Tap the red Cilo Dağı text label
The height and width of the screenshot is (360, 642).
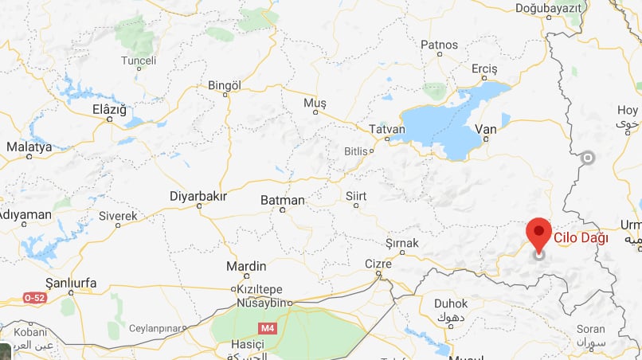click(581, 237)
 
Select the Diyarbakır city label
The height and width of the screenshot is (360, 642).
click(198, 196)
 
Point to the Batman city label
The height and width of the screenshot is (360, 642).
click(283, 200)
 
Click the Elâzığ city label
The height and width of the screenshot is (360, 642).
click(109, 109)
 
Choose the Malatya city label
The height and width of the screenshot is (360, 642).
click(29, 147)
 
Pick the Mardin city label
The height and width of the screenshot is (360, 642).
click(241, 266)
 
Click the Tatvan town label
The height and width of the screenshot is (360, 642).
click(387, 128)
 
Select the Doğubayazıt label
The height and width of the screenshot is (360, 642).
click(550, 7)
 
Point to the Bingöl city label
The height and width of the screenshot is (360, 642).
click(224, 85)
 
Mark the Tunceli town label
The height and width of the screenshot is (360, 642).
click(139, 61)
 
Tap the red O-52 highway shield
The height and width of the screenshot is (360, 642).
click(34, 298)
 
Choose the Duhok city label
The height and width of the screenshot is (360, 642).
click(451, 303)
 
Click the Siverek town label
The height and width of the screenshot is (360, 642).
click(118, 216)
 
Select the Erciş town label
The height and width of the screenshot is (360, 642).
click(483, 69)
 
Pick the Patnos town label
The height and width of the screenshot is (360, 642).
click(439, 45)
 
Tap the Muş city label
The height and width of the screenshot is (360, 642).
click(315, 104)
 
